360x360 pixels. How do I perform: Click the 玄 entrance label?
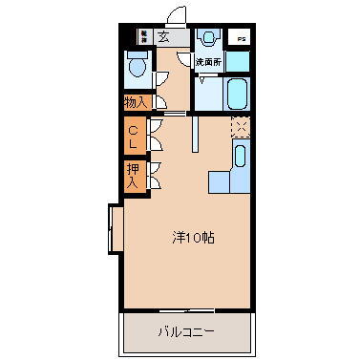[164, 37]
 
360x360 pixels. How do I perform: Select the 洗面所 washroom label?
[208, 62]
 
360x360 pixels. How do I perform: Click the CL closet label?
[133, 138]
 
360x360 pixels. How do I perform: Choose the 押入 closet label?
[133, 175]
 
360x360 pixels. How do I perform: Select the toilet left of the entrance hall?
[138, 67]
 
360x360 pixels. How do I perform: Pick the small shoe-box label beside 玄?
[142, 36]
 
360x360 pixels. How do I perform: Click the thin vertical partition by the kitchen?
[194, 133]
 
